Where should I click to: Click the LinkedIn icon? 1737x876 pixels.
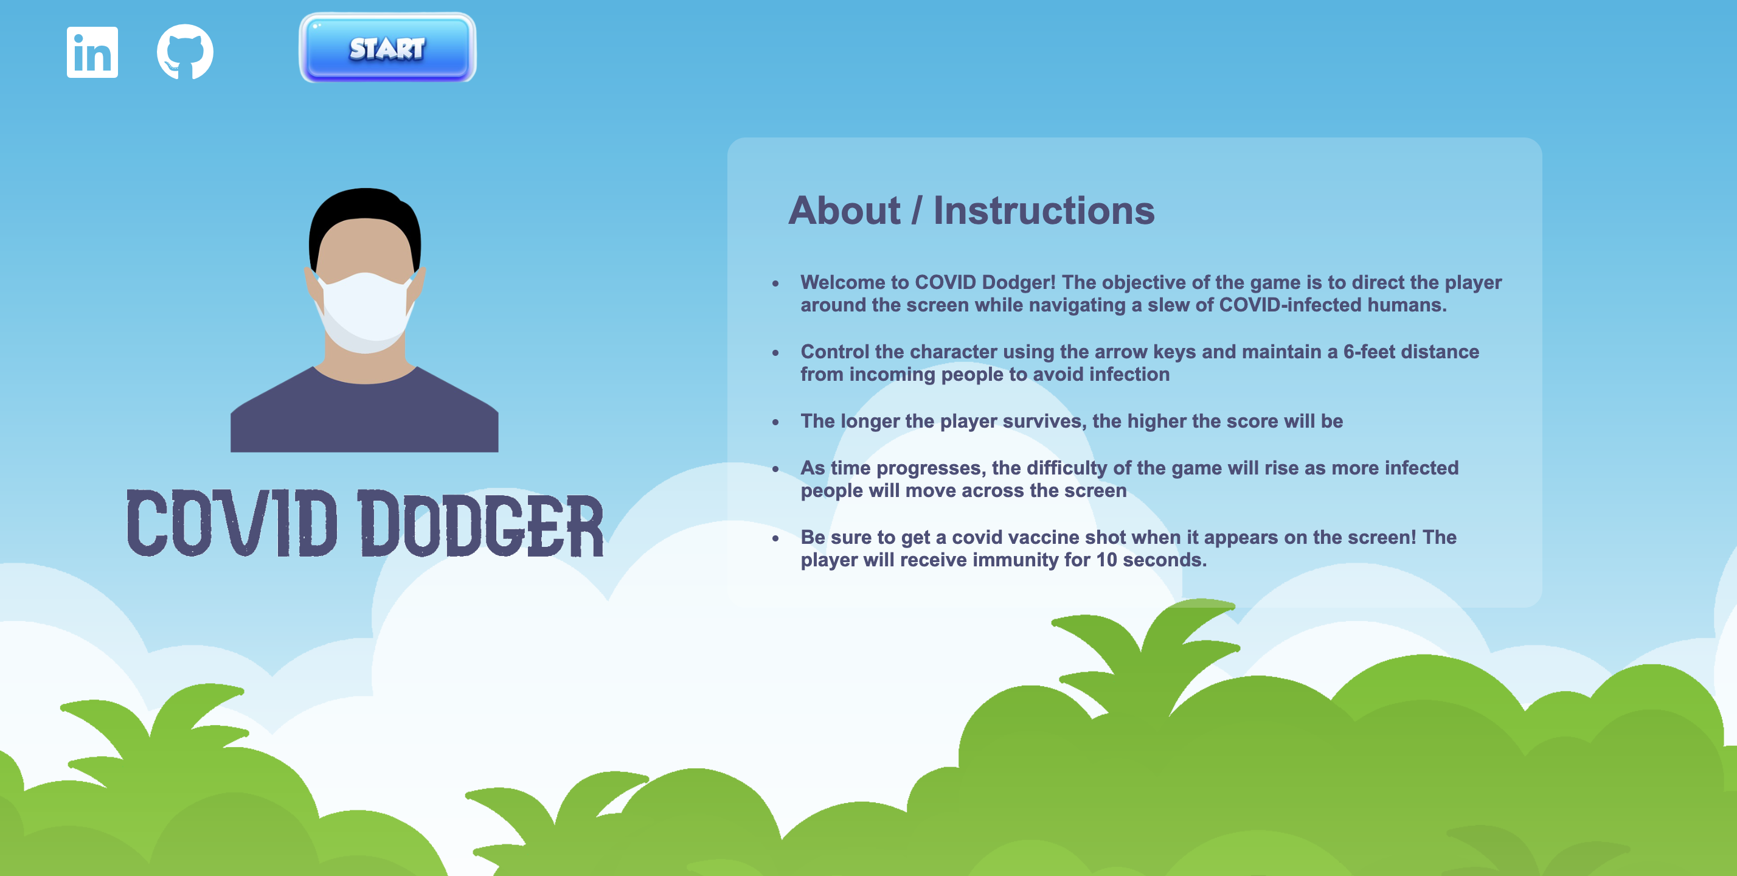[92, 52]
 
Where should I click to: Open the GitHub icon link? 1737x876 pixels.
[185, 52]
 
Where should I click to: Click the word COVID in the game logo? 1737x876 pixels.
[232, 523]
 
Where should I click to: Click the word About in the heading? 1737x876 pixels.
[844, 210]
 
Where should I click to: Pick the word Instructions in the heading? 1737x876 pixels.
[1044, 210]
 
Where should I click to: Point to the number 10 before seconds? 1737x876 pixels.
[1106, 560]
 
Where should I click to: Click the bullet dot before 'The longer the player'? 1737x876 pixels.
[775, 422]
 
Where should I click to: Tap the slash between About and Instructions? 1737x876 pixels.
[917, 210]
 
